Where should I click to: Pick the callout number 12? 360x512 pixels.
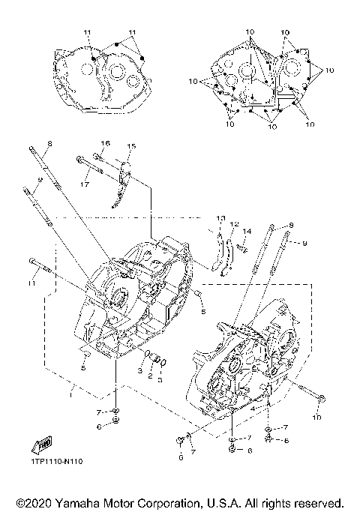click(234, 225)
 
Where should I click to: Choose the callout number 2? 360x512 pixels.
click(149, 376)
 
